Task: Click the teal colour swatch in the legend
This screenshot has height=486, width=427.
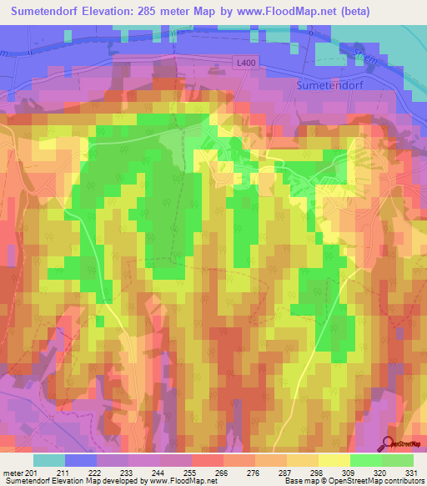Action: (49, 460)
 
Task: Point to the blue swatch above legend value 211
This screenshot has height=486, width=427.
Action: (81, 460)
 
